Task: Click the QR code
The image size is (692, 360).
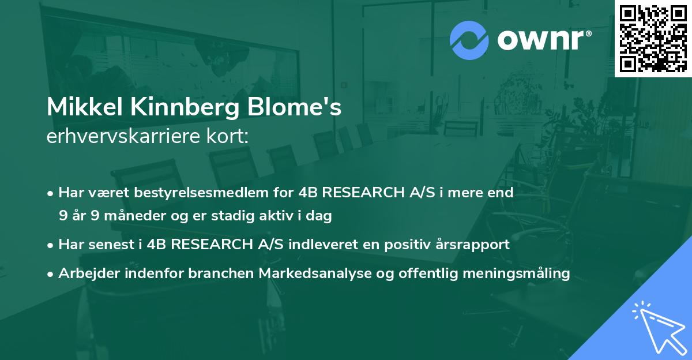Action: click(653, 39)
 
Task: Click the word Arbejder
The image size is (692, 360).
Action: click(84, 273)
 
